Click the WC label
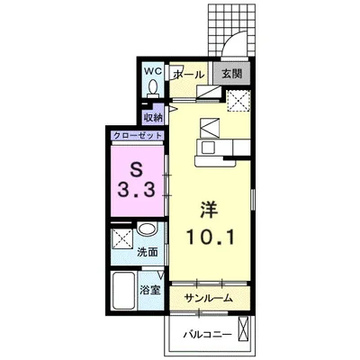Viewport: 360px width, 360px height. pyautogui.click(x=153, y=71)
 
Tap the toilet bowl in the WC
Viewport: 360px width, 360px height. pyautogui.click(x=153, y=88)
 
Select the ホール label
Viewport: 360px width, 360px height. pyautogui.click(x=188, y=74)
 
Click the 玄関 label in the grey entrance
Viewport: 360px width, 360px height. pyautogui.click(x=231, y=74)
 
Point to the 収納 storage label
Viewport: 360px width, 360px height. pyautogui.click(x=152, y=117)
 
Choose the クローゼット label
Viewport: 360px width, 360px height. pyautogui.click(x=138, y=136)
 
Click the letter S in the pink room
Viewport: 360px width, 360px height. pyautogui.click(x=137, y=171)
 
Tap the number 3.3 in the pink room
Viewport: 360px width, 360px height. pyautogui.click(x=137, y=190)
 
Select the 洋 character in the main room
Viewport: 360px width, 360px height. pyautogui.click(x=209, y=210)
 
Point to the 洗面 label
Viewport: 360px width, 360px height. pyautogui.click(x=148, y=252)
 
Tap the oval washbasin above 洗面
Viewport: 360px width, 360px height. pyautogui.click(x=147, y=229)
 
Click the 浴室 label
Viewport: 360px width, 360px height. pyautogui.click(x=150, y=290)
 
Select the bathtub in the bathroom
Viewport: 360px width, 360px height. pyautogui.click(x=123, y=291)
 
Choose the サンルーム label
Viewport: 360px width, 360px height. pyautogui.click(x=209, y=298)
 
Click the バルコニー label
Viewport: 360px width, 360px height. pyautogui.click(x=208, y=334)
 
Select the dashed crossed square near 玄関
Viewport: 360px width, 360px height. pyautogui.click(x=238, y=101)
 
